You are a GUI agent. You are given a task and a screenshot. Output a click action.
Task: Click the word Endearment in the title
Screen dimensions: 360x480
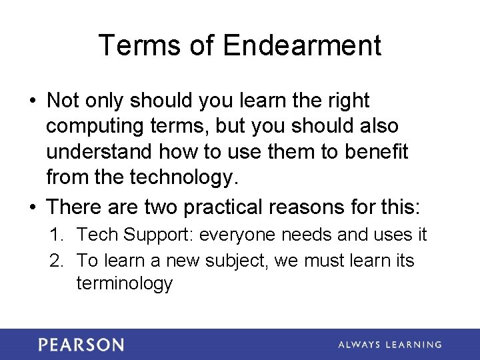click(302, 45)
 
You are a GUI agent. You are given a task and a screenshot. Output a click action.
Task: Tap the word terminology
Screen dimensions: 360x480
click(125, 283)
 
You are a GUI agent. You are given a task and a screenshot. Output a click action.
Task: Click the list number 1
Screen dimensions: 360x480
click(57, 235)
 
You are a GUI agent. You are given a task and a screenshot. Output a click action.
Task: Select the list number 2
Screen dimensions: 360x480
click(57, 259)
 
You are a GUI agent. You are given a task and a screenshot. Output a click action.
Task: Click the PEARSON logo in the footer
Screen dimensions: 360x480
click(81, 345)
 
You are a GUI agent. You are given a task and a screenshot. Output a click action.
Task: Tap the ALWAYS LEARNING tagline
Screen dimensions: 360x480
click(389, 345)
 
